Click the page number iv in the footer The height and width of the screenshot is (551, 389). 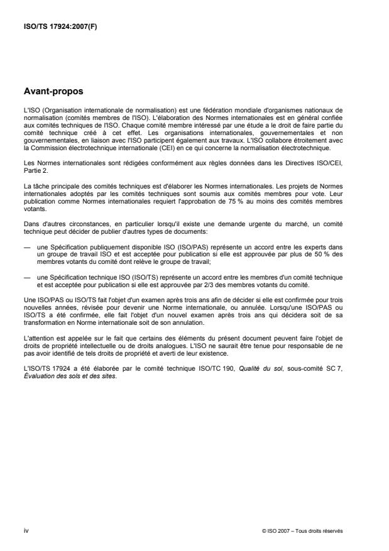26,530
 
